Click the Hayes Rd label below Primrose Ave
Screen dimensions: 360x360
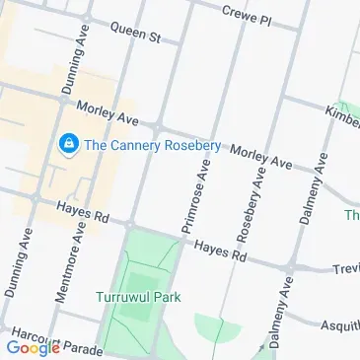[x=219, y=252]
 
